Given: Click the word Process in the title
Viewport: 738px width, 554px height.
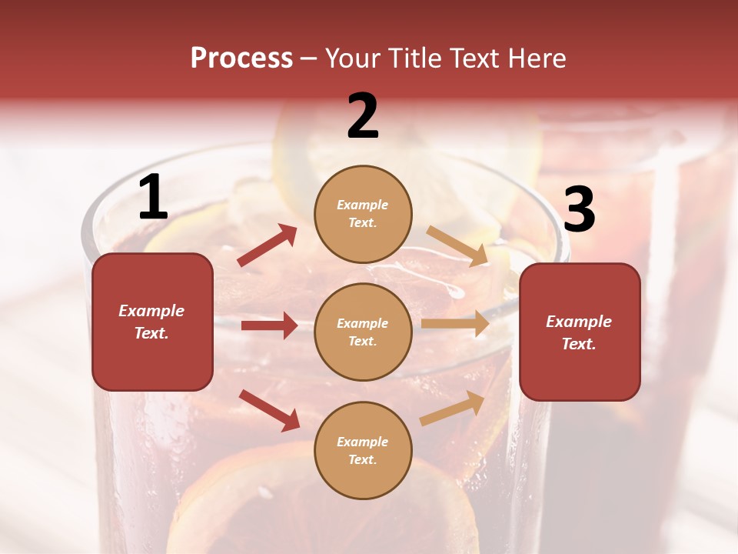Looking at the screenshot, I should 241,58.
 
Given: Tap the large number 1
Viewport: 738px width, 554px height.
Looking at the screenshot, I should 153,198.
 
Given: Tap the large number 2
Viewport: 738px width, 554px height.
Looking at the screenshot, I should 363,116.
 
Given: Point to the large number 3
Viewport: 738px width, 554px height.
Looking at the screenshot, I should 579,209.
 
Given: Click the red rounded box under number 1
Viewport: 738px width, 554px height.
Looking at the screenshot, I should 152,322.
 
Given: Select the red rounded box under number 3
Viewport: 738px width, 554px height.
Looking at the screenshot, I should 580,332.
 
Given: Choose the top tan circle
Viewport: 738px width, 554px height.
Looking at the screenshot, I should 363,214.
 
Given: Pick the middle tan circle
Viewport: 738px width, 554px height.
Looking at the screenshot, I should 363,332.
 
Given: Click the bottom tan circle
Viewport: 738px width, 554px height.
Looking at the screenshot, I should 363,451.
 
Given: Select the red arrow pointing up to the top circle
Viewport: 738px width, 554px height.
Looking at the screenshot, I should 267,245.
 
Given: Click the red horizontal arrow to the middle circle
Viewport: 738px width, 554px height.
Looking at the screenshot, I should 269,325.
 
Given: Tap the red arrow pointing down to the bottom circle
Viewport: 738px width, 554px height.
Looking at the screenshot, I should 269,410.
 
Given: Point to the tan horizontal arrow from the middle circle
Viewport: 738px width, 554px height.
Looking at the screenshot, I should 455,324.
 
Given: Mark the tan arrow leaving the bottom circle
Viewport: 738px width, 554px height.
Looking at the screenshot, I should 453,408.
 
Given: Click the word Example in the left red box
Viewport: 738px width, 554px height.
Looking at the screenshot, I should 151,311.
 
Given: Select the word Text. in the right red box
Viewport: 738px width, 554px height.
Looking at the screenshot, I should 579,344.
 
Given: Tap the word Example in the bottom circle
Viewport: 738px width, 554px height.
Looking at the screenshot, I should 363,442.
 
